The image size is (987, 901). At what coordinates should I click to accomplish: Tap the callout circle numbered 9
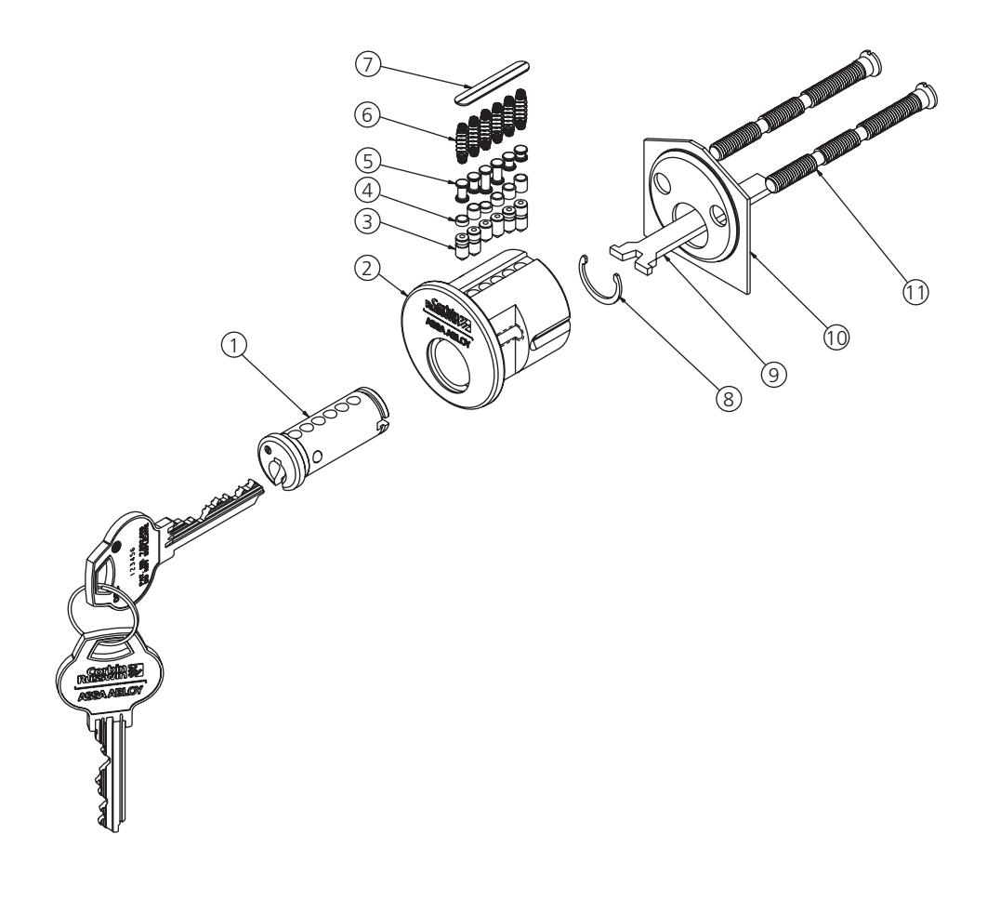point(774,371)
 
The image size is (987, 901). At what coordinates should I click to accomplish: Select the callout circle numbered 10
point(837,338)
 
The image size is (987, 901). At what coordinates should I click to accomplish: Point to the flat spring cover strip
point(490,82)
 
